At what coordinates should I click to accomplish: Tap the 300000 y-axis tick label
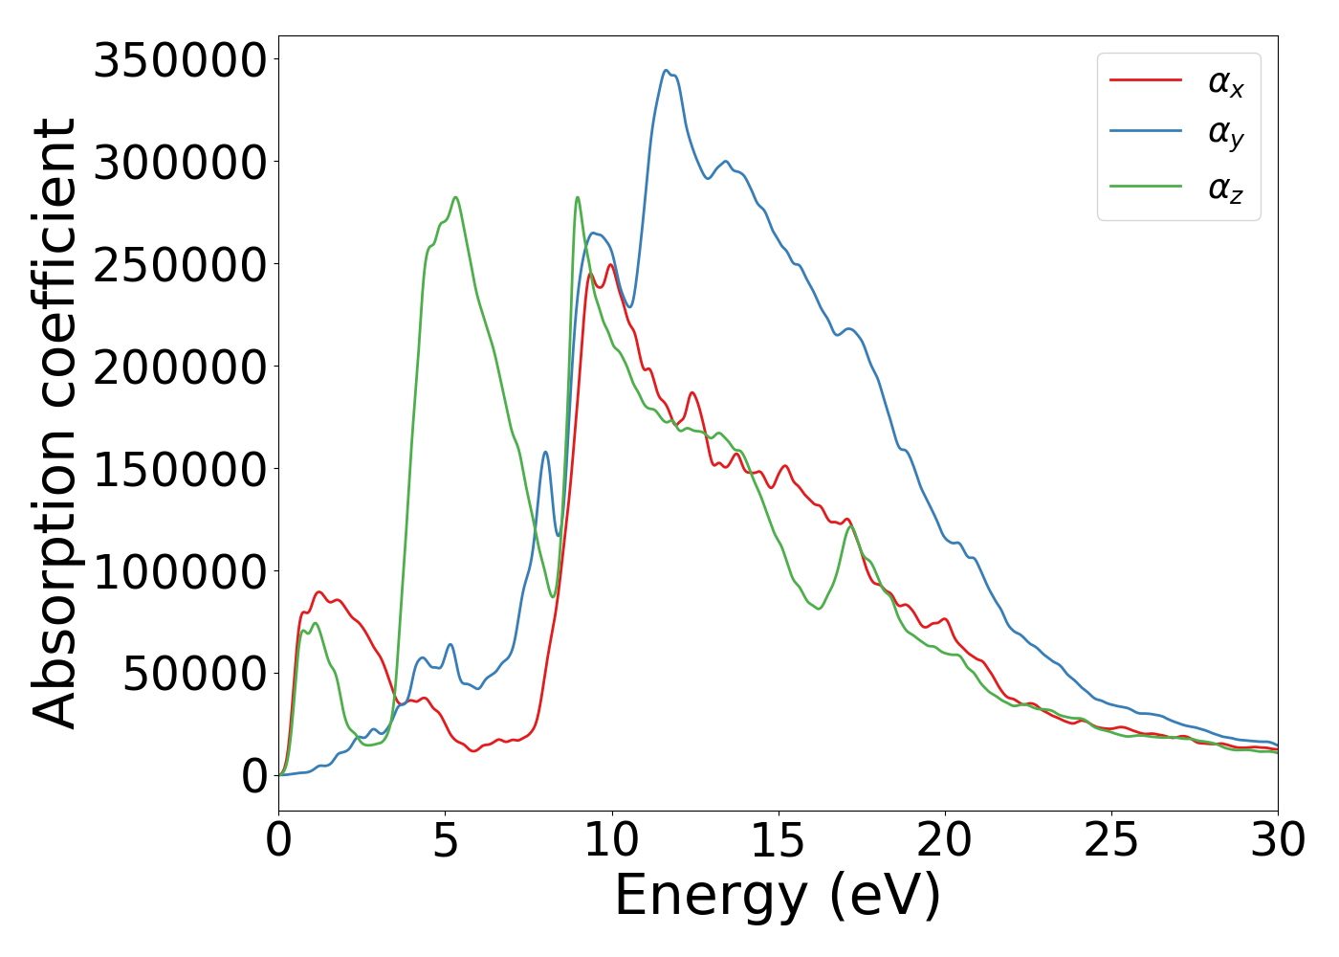pos(180,163)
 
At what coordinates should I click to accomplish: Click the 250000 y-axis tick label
pos(180,265)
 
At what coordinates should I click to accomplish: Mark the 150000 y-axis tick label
pos(180,470)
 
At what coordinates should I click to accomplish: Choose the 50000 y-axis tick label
pos(195,675)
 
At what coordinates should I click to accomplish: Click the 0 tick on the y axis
pos(254,776)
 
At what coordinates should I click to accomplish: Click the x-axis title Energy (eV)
pos(778,897)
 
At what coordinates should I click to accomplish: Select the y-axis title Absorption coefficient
pos(55,423)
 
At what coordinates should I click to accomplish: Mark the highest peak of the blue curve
pos(666,71)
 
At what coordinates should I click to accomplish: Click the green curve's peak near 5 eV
pos(455,197)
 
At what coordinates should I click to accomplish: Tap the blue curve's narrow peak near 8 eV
pos(545,452)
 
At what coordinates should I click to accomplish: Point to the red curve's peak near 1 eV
pos(319,592)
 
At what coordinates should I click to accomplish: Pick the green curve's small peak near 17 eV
pos(850,526)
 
